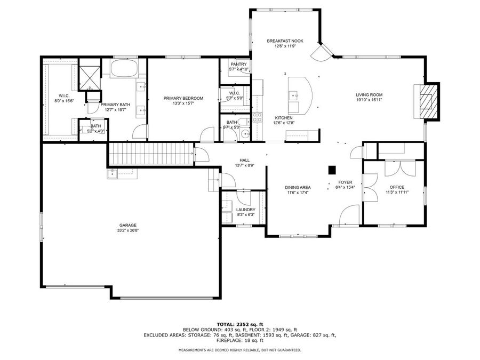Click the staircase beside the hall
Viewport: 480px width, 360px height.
point(150,154)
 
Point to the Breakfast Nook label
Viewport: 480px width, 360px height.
point(285,41)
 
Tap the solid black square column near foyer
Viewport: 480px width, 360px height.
point(332,170)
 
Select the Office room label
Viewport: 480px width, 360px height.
point(396,187)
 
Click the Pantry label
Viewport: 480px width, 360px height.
point(238,64)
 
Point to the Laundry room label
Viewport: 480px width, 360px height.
point(246,210)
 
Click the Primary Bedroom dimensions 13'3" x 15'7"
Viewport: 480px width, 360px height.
point(183,103)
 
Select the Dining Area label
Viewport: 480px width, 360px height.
point(298,187)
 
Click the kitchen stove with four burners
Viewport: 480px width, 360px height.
point(258,116)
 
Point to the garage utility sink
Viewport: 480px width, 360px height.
point(113,173)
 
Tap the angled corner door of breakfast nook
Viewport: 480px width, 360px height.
point(323,52)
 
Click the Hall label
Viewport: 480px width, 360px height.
point(244,160)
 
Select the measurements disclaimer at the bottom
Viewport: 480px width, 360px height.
point(239,350)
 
